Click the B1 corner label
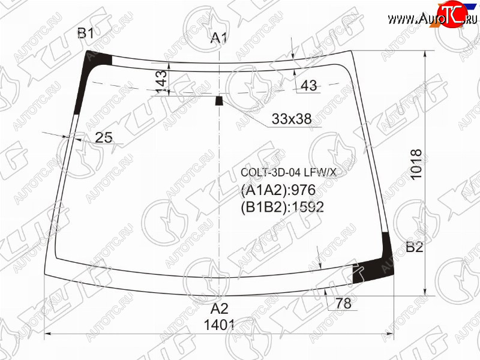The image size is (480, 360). pos(86,33)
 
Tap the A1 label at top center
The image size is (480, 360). pos(219,38)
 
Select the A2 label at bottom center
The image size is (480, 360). pos(220,308)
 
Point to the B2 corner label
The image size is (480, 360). pos(414,247)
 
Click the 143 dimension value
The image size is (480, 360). pos(161,82)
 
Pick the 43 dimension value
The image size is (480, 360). pos(309,85)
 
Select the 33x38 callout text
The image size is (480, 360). pos(292,119)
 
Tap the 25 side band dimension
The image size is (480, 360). pos(104,137)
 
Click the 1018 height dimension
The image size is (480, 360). pos(416,164)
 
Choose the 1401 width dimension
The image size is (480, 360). pos(219,325)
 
